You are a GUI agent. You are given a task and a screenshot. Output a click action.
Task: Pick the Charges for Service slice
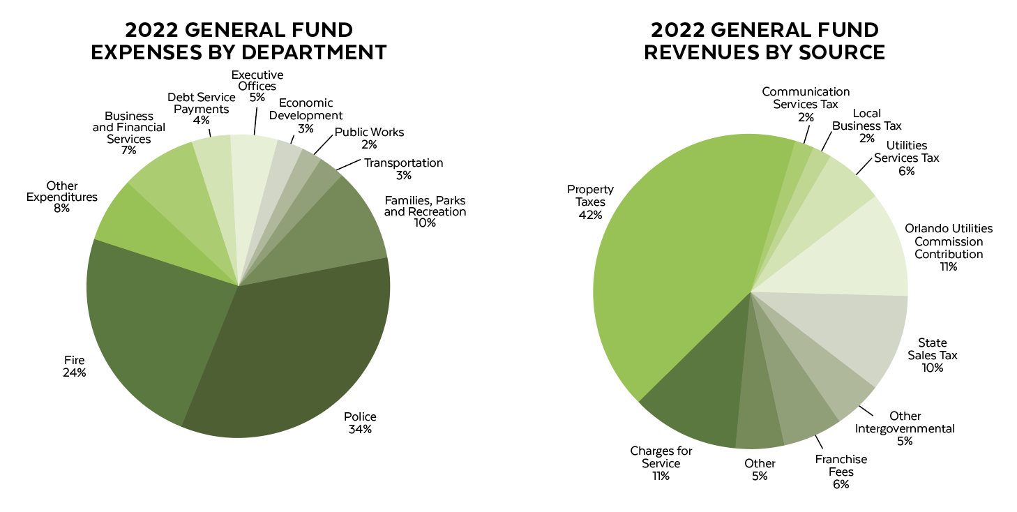[x=698, y=398]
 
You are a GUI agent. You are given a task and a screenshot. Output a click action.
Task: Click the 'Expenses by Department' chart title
[x=239, y=41]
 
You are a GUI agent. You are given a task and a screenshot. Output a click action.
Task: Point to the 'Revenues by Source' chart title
[x=764, y=41]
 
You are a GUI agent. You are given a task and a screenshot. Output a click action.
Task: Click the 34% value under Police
[x=360, y=429]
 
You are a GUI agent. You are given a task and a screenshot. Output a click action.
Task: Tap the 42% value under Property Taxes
[x=590, y=215]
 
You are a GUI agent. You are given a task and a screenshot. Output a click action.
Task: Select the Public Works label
[x=369, y=133]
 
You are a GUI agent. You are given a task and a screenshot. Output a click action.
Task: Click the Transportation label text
[x=403, y=163]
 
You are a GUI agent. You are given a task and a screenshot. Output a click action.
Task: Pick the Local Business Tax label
[x=867, y=120]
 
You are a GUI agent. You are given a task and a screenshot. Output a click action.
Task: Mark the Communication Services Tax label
[x=806, y=98]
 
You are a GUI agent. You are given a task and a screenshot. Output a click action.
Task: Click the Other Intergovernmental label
[x=905, y=422]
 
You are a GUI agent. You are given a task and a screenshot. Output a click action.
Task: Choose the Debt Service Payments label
[x=201, y=103]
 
